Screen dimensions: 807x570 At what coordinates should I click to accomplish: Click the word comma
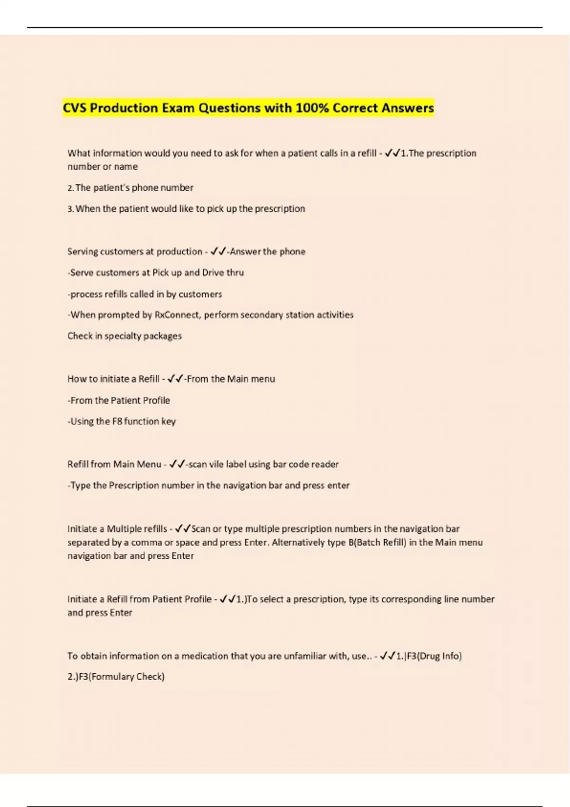click(x=146, y=542)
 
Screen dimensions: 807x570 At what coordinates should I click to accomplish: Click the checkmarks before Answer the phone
click(x=218, y=252)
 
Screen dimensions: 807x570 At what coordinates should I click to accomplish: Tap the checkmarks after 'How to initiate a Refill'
click(x=175, y=379)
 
